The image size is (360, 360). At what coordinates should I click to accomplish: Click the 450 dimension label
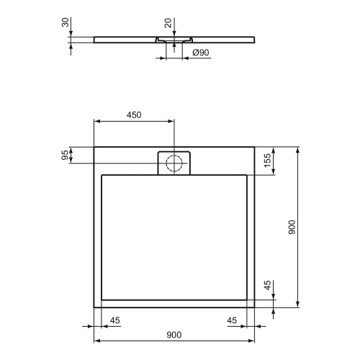click(133, 114)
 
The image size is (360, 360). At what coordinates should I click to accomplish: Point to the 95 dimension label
click(64, 156)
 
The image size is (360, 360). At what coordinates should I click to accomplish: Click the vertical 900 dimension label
click(291, 228)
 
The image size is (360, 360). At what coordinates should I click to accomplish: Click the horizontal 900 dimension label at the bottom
click(174, 334)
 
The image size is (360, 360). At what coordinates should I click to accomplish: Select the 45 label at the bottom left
click(114, 320)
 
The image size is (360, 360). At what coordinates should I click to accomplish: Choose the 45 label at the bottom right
click(232, 320)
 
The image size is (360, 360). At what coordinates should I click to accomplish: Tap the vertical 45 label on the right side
click(267, 287)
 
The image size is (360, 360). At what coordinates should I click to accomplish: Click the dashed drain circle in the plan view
click(174, 162)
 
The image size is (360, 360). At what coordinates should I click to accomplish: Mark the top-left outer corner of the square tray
click(94, 147)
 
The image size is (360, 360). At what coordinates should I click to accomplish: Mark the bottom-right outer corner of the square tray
click(254, 307)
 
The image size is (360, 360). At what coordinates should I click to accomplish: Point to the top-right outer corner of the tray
click(254, 147)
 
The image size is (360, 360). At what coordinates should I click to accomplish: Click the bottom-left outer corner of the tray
click(94, 307)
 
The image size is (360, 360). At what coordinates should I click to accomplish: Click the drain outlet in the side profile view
click(173, 41)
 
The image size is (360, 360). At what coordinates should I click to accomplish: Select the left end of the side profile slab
click(94, 39)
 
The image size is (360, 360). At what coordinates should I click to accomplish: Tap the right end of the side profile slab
click(254, 39)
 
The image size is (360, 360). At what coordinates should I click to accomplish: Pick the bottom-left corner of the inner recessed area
click(103, 298)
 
